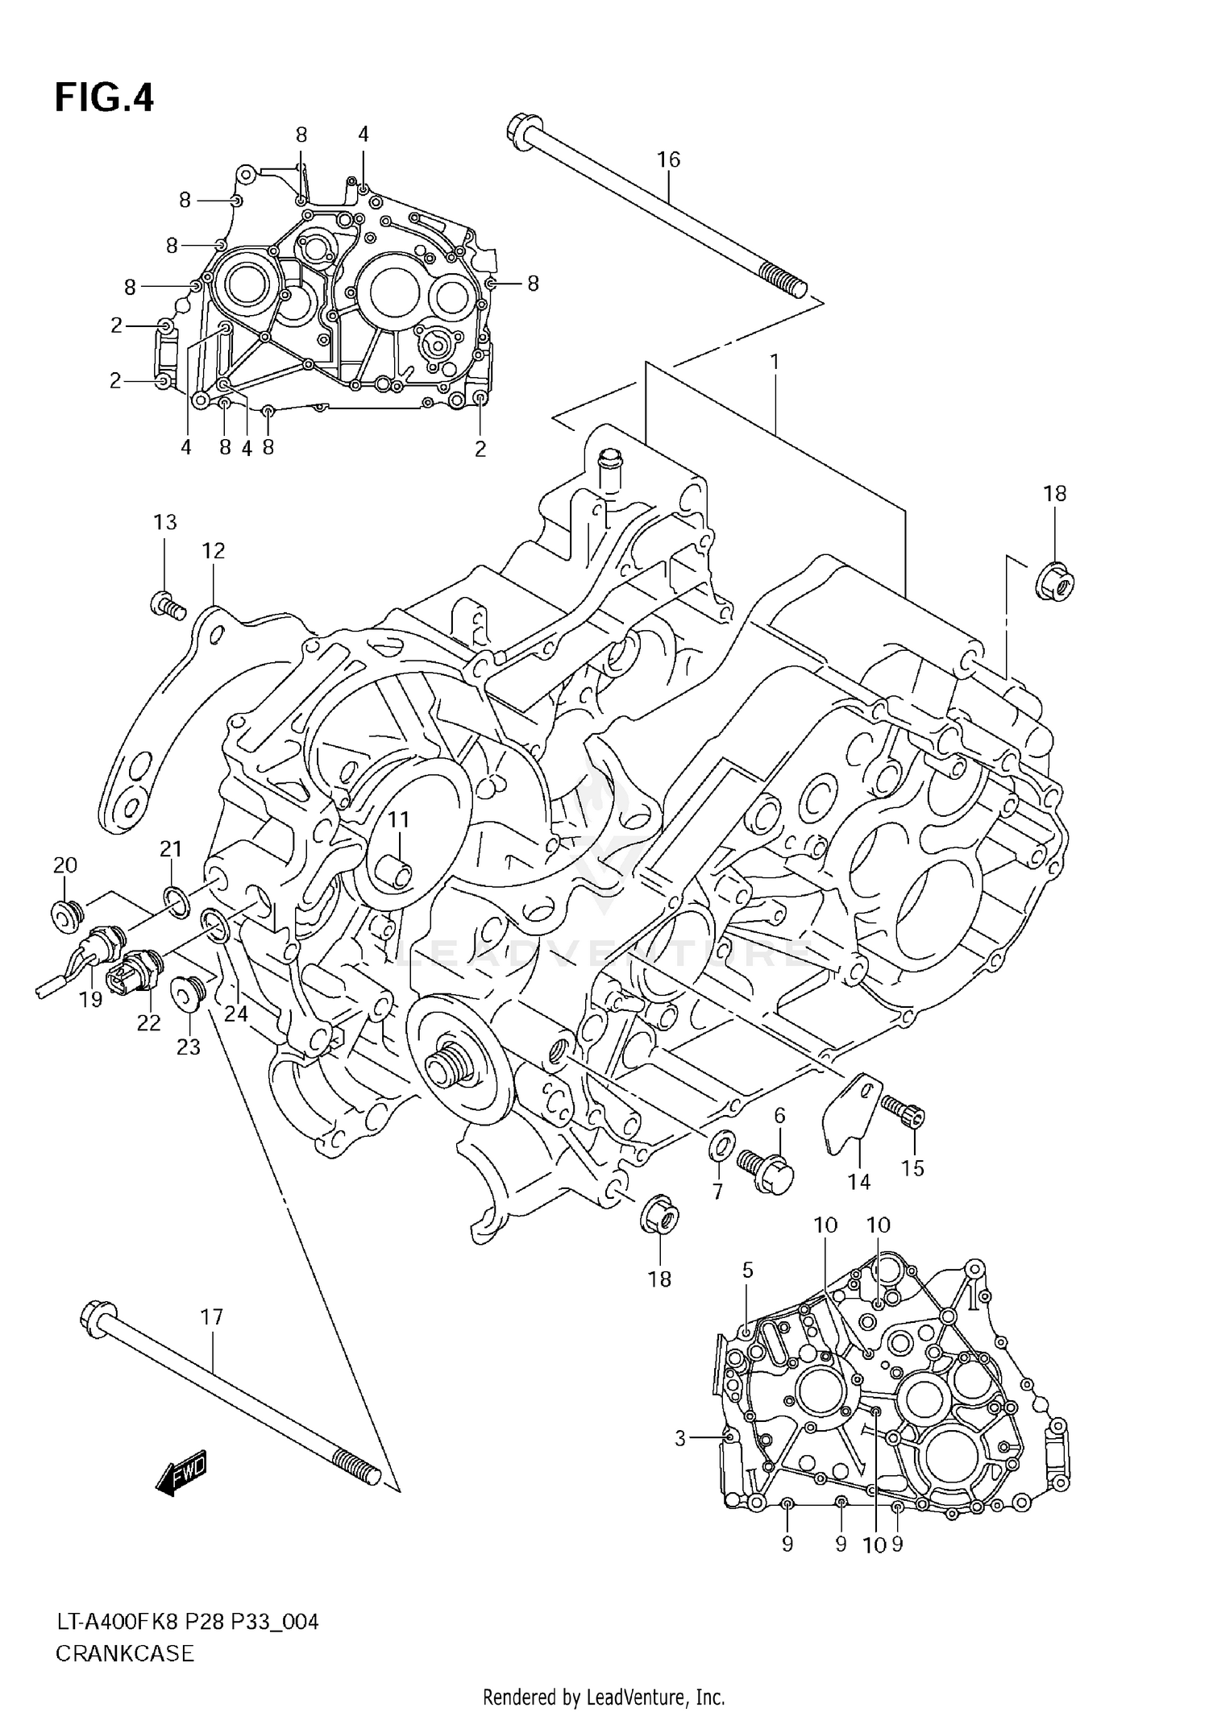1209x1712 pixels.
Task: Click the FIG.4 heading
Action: [104, 98]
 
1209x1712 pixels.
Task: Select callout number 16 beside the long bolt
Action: [668, 160]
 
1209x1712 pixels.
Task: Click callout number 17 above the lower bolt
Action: [210, 1317]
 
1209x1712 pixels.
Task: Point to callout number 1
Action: [775, 363]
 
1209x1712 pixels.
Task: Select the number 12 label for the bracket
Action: [214, 551]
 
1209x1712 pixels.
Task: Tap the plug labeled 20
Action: [65, 914]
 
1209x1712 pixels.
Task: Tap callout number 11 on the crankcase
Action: [398, 819]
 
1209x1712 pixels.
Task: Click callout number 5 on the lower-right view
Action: [747, 1271]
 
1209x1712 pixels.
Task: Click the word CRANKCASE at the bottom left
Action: [125, 1654]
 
